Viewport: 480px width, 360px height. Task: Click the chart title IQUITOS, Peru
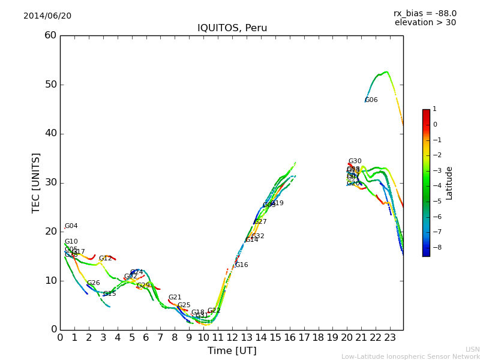click(x=232, y=28)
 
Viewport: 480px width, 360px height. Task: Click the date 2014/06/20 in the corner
click(x=47, y=16)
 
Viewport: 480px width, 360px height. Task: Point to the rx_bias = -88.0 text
click(x=425, y=13)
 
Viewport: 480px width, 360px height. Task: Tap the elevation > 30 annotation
click(x=425, y=23)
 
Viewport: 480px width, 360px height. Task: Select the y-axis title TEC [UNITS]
click(x=36, y=182)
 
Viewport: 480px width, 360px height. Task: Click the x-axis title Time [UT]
click(x=232, y=351)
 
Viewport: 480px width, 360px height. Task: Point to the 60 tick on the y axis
click(x=50, y=35)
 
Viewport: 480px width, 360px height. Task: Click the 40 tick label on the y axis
click(x=50, y=133)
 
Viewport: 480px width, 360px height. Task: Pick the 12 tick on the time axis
click(x=232, y=337)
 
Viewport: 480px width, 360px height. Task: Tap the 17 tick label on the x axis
click(x=304, y=337)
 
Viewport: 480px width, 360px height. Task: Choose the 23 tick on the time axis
click(x=390, y=337)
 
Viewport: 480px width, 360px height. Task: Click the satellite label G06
click(x=371, y=100)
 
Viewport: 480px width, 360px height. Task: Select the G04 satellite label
click(x=71, y=226)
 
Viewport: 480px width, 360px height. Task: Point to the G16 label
click(x=241, y=265)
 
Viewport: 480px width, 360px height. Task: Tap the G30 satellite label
click(x=355, y=161)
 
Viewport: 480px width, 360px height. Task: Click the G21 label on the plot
click(x=175, y=298)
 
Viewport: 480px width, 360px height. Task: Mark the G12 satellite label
click(x=105, y=259)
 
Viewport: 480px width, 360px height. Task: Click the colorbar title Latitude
click(x=449, y=183)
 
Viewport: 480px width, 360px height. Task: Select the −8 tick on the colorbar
click(x=435, y=247)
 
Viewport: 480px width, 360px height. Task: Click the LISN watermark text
click(x=472, y=349)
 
